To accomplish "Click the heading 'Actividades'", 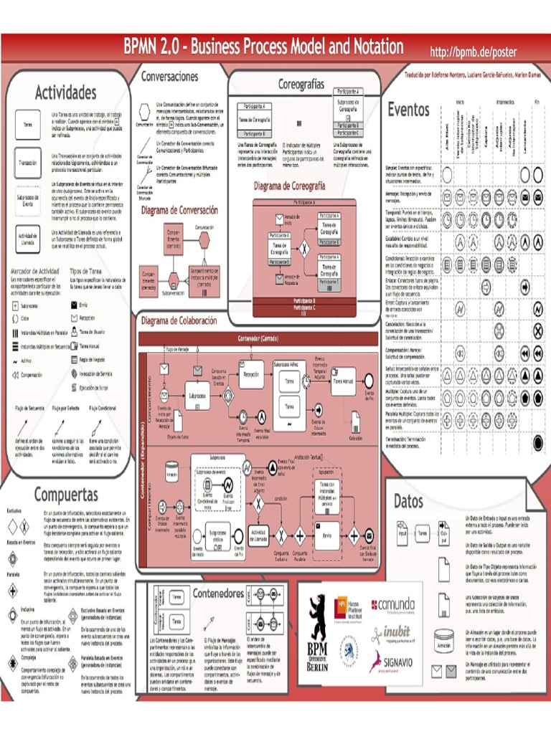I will click(x=65, y=93).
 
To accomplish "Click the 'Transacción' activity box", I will click(x=28, y=163).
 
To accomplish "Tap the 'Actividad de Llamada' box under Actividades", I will click(x=28, y=238).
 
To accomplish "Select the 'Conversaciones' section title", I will click(x=169, y=76).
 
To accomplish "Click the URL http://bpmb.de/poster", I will click(x=473, y=52).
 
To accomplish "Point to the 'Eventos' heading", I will click(x=408, y=110).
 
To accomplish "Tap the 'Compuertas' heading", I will click(x=66, y=495).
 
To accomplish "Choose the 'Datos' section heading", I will click(x=408, y=500).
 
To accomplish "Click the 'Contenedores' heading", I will click(x=218, y=594).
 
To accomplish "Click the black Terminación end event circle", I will click(x=538, y=442).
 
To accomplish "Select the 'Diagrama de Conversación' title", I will click(x=179, y=210).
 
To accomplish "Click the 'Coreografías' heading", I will click(x=301, y=85).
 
